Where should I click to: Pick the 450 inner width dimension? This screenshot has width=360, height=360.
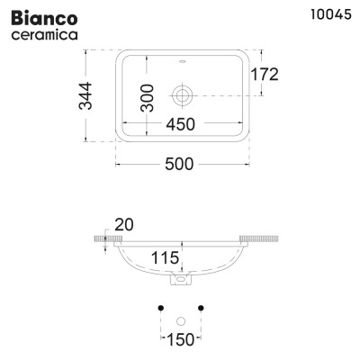tap(181, 125)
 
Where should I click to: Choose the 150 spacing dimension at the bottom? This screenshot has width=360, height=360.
tap(180, 338)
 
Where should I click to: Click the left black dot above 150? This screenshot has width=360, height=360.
tap(159, 309)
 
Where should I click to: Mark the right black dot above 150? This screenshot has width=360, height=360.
tap(202, 309)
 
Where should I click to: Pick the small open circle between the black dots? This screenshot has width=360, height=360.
tap(181, 320)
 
